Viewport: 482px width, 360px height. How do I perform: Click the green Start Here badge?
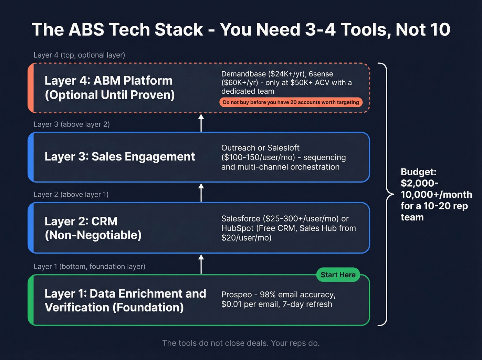click(338, 275)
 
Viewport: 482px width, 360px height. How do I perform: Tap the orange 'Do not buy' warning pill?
click(291, 102)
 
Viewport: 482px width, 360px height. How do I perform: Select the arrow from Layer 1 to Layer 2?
click(201, 264)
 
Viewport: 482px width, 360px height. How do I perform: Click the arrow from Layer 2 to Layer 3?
click(201, 192)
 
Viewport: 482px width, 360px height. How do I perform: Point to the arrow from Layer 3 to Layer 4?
click(201, 123)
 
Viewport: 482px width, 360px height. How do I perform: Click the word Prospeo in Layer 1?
click(237, 295)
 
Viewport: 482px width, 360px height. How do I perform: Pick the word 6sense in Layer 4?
click(321, 74)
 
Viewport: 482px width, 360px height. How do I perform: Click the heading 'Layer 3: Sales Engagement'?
click(119, 157)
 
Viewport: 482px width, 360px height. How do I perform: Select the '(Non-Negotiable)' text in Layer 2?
click(93, 235)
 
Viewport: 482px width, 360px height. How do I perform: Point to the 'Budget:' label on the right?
click(418, 172)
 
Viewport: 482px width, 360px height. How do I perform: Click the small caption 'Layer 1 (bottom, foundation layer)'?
click(90, 267)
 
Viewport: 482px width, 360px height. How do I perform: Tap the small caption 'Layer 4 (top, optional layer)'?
click(79, 55)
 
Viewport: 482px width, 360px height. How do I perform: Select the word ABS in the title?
click(86, 30)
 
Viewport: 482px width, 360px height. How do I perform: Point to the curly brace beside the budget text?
click(387, 194)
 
